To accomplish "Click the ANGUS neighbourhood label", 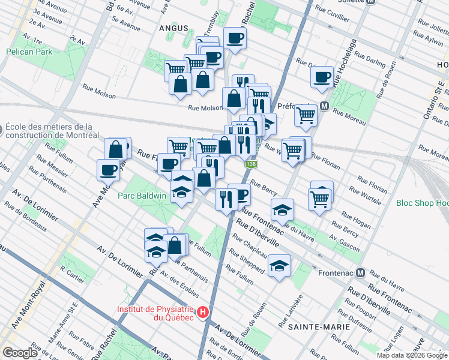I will coord(173,28).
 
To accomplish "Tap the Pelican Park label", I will coord(29,52).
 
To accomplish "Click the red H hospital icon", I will coord(203,312).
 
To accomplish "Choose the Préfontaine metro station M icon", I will coord(324,106).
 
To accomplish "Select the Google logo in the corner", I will coord(19,353).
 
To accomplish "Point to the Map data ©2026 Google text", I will coord(411,355).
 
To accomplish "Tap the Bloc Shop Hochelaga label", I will coord(423,203).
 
